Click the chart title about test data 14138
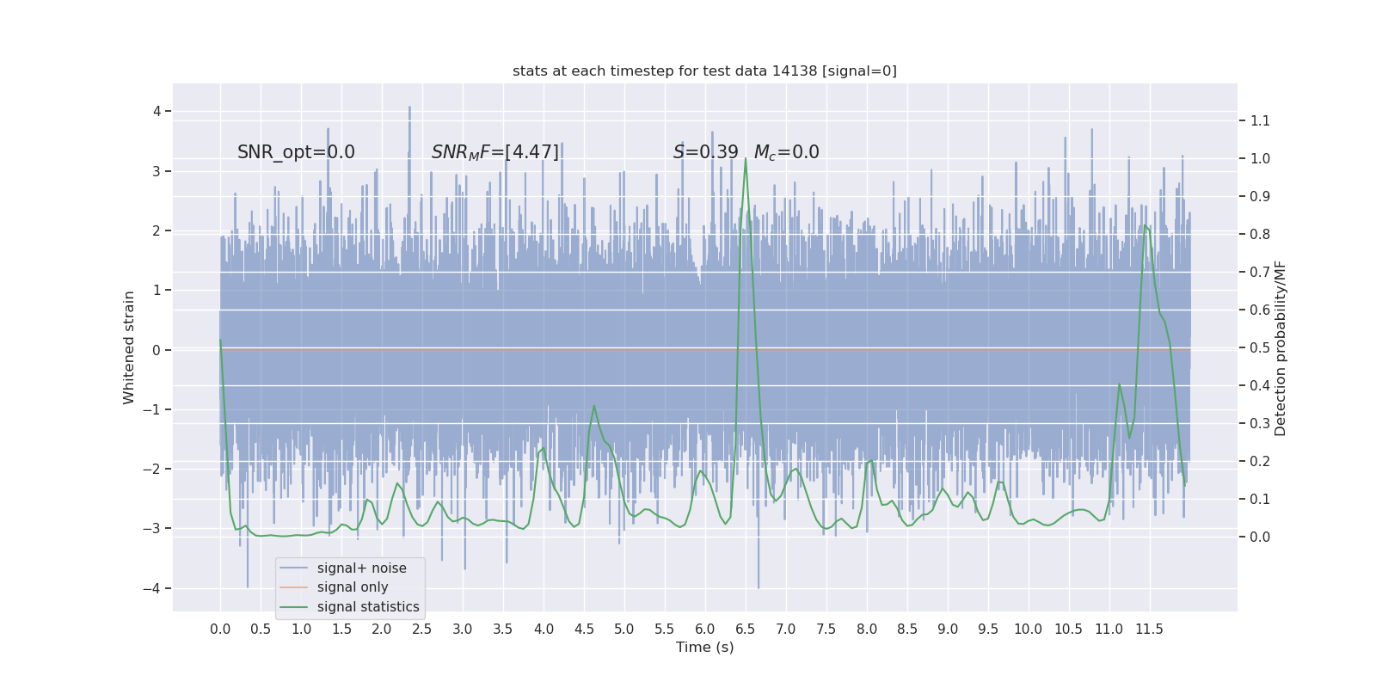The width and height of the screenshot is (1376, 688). tap(704, 71)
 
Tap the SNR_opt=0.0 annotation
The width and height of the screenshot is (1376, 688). tap(296, 152)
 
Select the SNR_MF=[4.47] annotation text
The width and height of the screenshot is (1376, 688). tap(495, 152)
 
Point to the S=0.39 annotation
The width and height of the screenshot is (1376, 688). tap(705, 152)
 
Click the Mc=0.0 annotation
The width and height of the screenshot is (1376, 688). tap(786, 152)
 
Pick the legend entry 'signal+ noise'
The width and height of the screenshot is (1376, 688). tap(361, 568)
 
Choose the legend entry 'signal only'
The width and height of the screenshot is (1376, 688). tap(353, 587)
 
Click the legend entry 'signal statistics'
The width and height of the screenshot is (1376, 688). tap(368, 607)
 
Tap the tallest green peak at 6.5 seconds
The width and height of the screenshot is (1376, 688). tap(746, 159)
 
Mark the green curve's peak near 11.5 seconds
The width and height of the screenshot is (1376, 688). tap(1145, 225)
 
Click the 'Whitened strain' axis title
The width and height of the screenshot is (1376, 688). tap(129, 347)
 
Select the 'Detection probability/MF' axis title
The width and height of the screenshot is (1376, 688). tap(1281, 347)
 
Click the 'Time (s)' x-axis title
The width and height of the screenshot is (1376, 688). tap(704, 647)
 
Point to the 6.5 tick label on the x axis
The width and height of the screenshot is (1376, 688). tap(745, 629)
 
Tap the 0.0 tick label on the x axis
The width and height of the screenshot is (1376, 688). tap(220, 629)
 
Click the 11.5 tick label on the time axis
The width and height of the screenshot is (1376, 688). tap(1149, 629)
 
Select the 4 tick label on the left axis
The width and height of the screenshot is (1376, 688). tap(157, 111)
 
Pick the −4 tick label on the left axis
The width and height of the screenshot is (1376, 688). tap(152, 588)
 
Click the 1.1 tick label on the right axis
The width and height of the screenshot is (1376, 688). tap(1260, 120)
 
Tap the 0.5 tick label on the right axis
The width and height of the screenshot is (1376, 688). tap(1260, 347)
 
